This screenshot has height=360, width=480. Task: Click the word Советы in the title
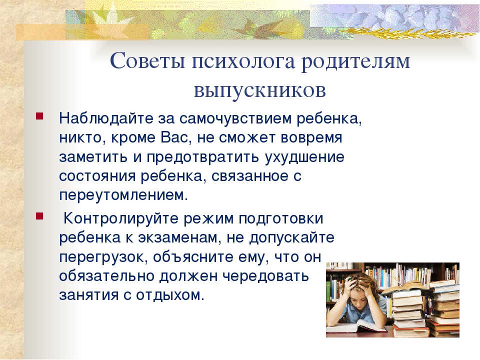147,61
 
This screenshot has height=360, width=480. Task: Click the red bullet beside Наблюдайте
39,116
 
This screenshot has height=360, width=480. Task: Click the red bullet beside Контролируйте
39,216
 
